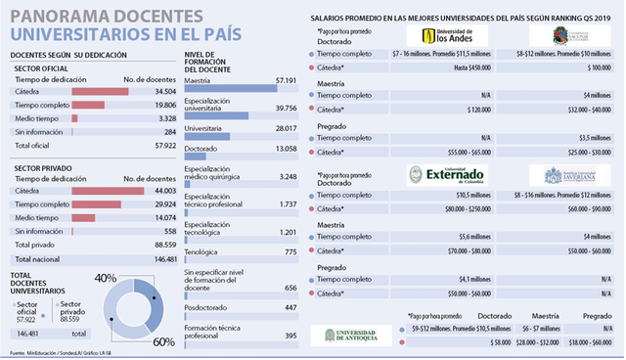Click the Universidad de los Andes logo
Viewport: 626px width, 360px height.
click(440, 36)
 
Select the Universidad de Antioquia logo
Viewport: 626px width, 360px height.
click(350, 335)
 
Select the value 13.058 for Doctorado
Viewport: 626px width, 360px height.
click(283, 149)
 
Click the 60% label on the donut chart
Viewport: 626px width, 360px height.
click(164, 341)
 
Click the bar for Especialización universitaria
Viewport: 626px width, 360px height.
click(216, 115)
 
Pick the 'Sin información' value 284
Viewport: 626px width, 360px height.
click(169, 131)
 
